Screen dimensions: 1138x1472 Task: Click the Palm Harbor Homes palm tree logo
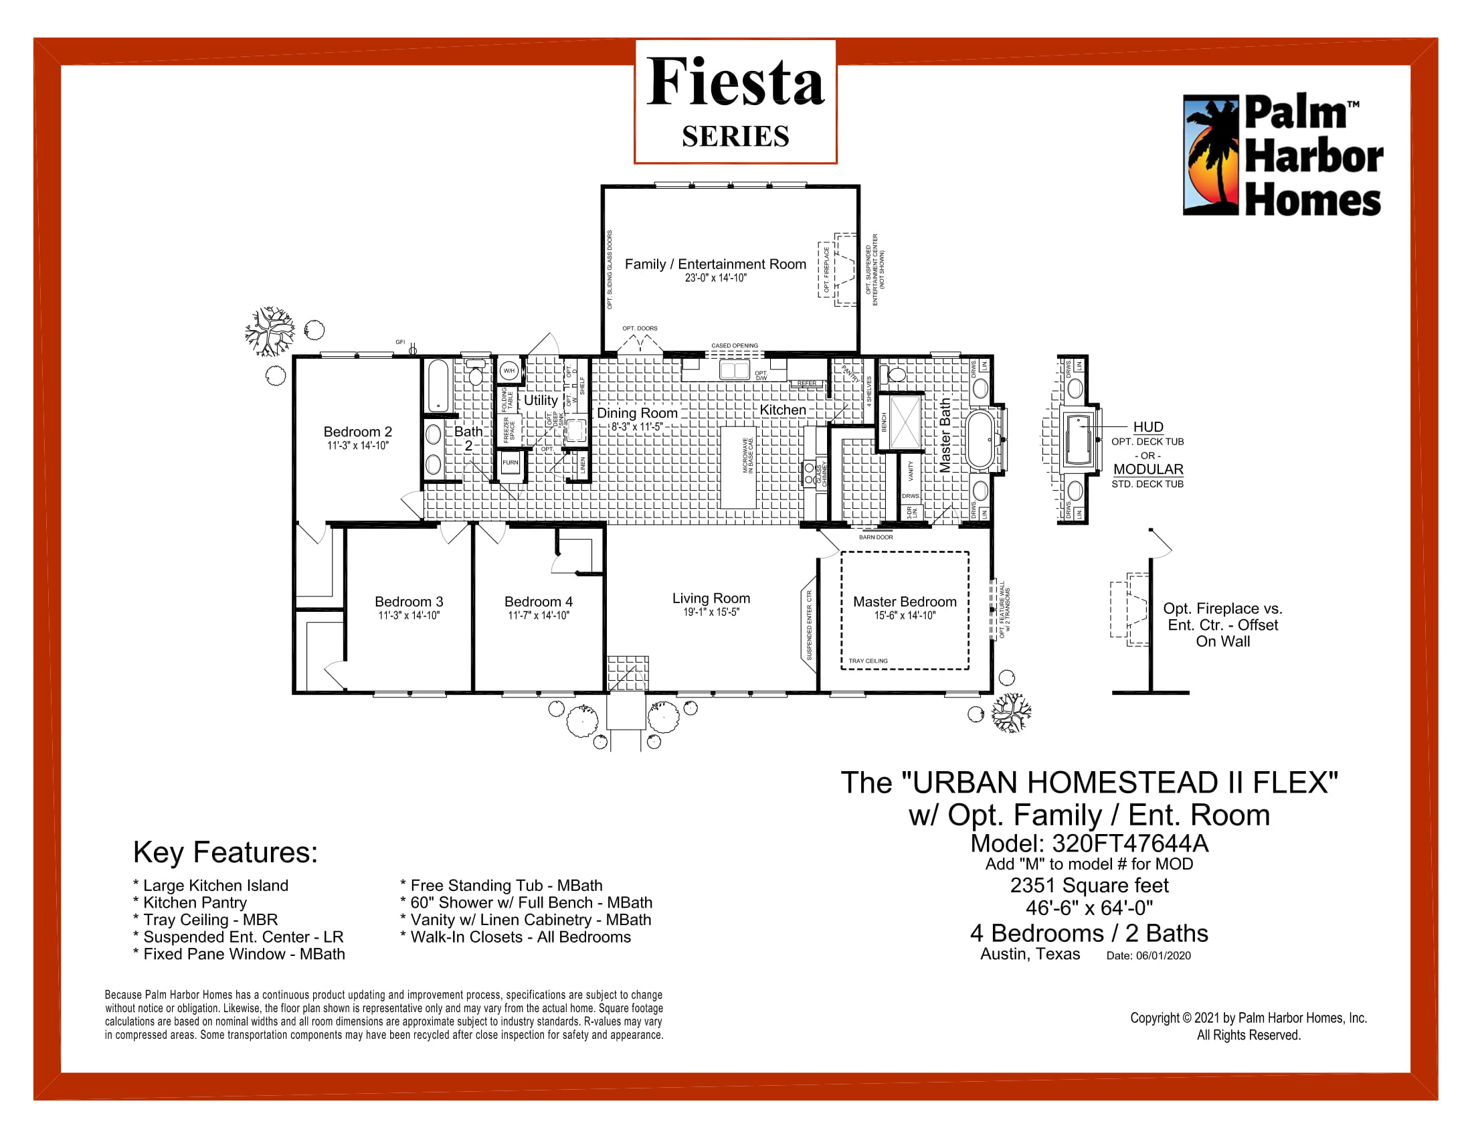(1211, 155)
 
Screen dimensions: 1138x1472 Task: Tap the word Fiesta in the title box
(735, 82)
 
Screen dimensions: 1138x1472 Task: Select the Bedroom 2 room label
(357, 432)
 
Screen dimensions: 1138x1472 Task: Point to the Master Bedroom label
(905, 601)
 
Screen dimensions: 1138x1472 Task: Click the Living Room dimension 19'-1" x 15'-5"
(711, 612)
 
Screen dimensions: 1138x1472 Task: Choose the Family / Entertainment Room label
(715, 264)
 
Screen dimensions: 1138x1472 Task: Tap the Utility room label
(541, 400)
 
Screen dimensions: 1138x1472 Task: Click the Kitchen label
(783, 410)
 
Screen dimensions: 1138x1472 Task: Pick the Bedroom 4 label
(539, 601)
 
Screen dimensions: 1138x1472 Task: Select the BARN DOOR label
(876, 538)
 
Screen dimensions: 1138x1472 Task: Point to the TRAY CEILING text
(868, 661)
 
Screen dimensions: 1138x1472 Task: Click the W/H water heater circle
(509, 371)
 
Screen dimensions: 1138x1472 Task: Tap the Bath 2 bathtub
(438, 386)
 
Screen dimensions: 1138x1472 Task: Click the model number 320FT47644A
(1130, 843)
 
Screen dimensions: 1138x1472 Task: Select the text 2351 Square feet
(1089, 885)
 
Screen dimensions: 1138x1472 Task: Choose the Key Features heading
(225, 852)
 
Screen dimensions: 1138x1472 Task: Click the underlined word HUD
(1147, 427)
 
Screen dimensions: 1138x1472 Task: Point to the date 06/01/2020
(1163, 955)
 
